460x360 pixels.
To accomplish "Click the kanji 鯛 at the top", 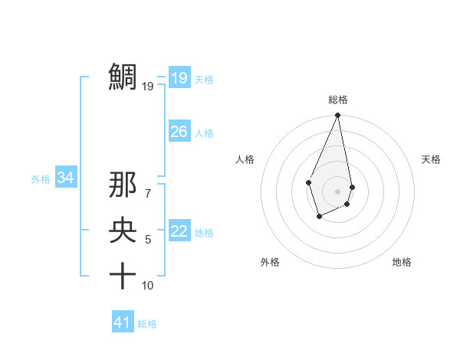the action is [x=123, y=77].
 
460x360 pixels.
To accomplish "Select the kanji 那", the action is [x=123, y=186].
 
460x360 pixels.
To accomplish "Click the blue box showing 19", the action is [x=179, y=78].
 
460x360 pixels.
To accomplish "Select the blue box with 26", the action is [x=179, y=132].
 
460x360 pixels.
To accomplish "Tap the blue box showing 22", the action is [x=179, y=231].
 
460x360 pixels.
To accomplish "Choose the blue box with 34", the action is [x=66, y=178].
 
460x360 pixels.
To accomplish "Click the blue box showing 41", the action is [x=123, y=322].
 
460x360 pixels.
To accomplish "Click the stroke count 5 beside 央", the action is [x=147, y=240].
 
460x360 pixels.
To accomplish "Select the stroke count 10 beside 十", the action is [x=147, y=286].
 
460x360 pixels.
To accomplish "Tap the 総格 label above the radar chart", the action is [x=337, y=100].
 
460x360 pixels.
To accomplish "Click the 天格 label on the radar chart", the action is [x=431, y=159].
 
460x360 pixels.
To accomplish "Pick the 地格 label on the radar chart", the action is [x=402, y=262].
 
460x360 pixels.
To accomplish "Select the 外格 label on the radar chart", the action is [x=270, y=262].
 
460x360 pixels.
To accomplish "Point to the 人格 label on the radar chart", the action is [x=245, y=159].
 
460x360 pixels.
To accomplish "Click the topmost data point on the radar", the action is [x=337, y=116].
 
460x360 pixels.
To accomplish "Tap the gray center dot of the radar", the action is [x=337, y=191].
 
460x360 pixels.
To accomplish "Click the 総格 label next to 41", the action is [x=147, y=324].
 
